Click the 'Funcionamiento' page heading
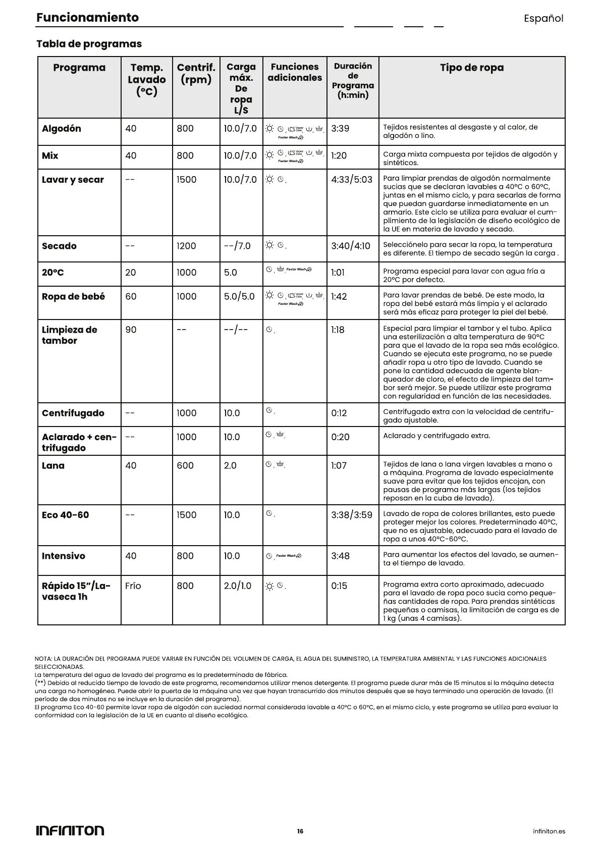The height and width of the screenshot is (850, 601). point(87,18)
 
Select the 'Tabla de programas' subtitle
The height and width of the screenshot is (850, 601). point(89,44)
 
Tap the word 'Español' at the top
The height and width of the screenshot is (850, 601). point(543,19)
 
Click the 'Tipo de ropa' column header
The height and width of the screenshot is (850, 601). point(471,68)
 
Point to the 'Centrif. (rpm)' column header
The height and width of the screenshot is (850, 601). point(196,74)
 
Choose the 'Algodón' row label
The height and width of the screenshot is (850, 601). point(62,129)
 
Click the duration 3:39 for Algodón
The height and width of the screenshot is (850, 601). point(340,129)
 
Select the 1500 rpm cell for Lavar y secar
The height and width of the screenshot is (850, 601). point(186,180)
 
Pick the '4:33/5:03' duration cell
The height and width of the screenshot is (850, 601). point(352,180)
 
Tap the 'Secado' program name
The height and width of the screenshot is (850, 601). point(59,246)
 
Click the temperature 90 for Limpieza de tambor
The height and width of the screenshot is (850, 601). point(131,330)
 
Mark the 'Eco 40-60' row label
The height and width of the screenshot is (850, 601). point(65,515)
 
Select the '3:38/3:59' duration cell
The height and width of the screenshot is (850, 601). point(352,515)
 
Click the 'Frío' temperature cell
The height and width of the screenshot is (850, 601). point(133,586)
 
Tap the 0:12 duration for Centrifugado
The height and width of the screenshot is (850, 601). point(339,413)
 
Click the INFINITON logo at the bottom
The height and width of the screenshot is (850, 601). point(70,830)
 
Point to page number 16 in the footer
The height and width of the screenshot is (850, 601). point(300,831)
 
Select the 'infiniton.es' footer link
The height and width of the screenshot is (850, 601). point(549,831)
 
